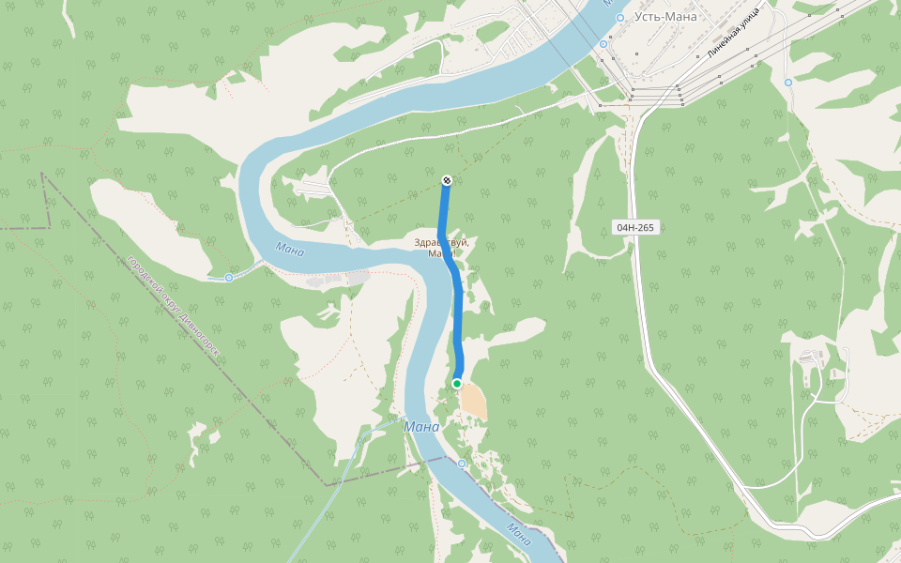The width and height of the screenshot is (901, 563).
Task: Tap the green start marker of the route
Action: click(457, 384)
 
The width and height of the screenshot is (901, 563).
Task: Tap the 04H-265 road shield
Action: click(635, 228)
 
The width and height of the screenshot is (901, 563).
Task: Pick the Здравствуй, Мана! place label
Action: click(441, 248)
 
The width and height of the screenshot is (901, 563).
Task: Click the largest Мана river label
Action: click(421, 427)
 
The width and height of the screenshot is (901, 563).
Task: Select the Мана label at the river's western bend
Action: click(290, 249)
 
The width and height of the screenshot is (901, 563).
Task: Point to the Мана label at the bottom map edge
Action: click(518, 534)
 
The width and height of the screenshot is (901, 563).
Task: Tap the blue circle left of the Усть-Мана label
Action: click(620, 18)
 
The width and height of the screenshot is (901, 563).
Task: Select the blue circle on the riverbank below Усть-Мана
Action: click(604, 43)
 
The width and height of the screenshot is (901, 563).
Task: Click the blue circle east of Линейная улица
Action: click(788, 83)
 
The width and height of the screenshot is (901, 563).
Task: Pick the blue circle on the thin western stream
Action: click(229, 278)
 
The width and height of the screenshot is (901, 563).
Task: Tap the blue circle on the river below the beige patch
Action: click(462, 464)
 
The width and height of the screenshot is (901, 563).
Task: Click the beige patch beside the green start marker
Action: click(474, 401)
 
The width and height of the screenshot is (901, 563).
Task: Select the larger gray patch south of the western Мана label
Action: click(358, 277)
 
